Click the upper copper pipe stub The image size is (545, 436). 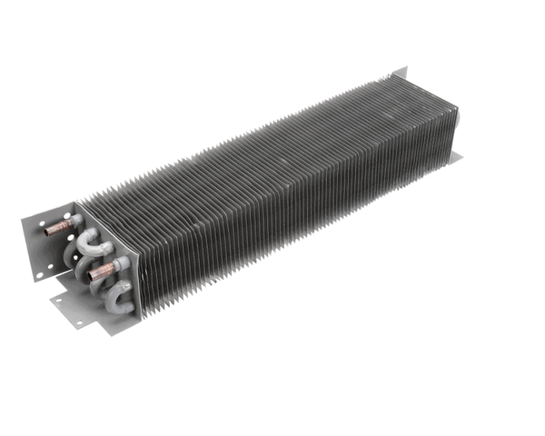tap(58, 228)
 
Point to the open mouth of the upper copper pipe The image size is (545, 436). tap(47, 232)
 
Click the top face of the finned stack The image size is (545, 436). tap(272, 145)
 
